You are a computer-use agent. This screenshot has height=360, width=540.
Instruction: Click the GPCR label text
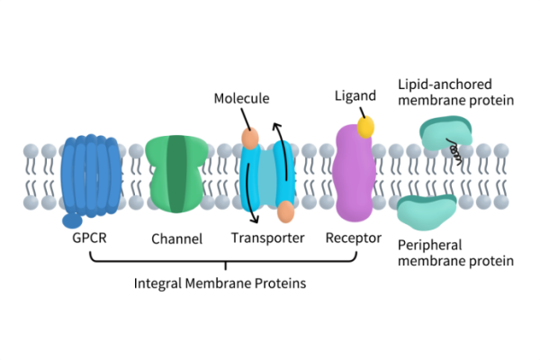(89, 238)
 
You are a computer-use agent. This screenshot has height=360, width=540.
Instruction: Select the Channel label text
(175, 239)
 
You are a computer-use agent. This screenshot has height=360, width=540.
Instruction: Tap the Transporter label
(267, 238)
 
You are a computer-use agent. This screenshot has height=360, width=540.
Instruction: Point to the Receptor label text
(353, 238)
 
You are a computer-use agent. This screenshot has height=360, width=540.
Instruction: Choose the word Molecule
(241, 97)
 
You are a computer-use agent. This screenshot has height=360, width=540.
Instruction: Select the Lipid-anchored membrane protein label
(455, 93)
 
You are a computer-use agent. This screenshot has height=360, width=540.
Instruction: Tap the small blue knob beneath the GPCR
(72, 220)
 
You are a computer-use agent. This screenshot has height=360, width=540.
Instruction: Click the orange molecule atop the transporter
(249, 139)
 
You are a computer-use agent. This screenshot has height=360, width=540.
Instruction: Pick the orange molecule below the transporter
(285, 212)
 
